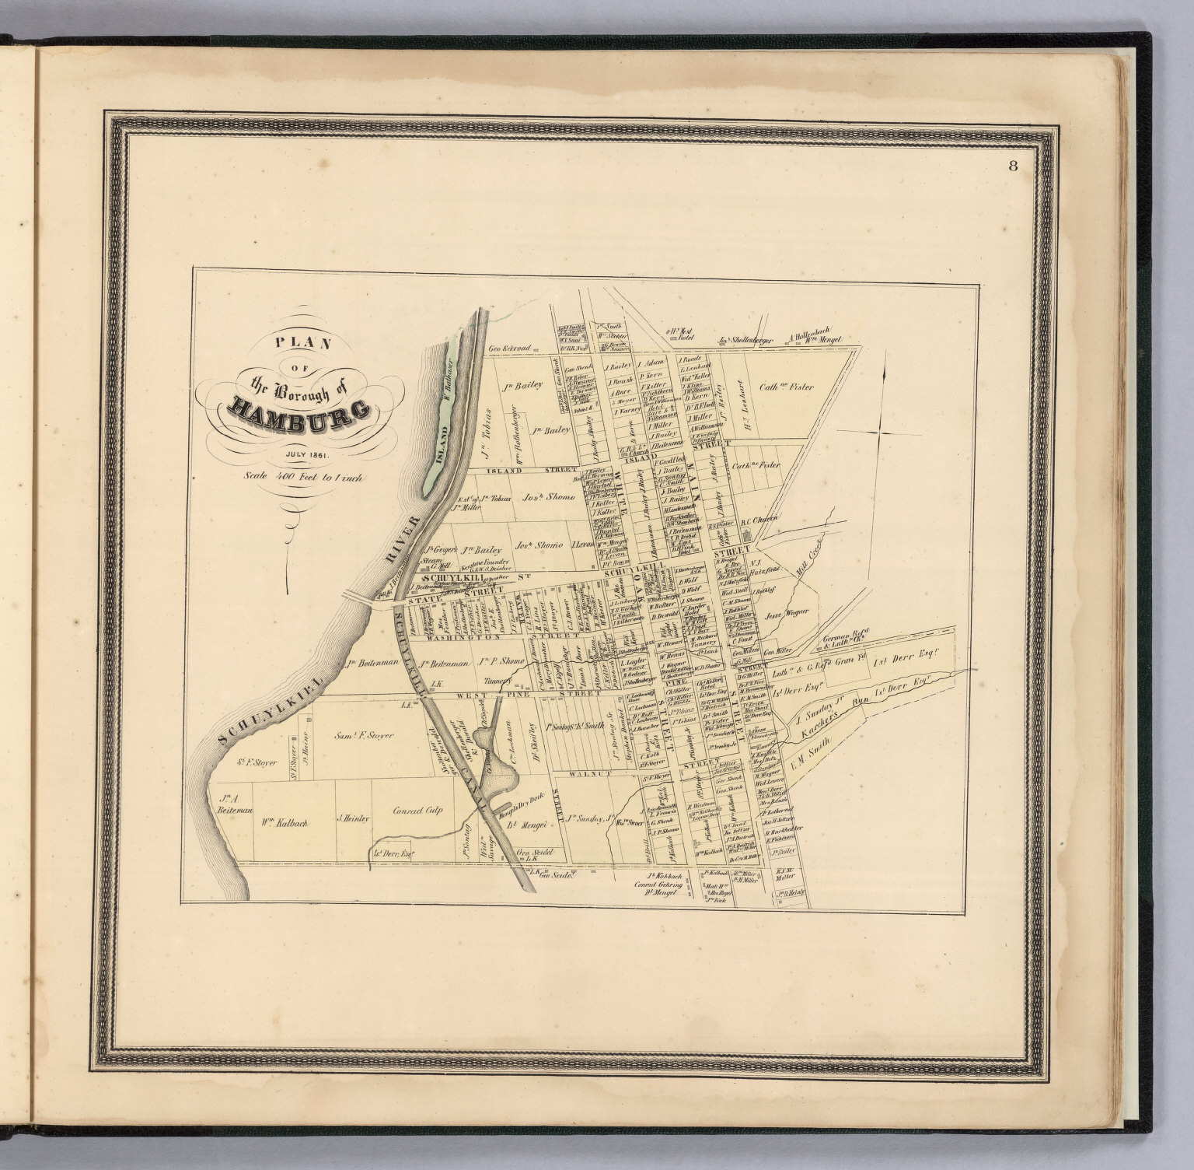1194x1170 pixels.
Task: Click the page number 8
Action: coord(1012,166)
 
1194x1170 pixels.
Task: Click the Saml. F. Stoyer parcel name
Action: coord(364,735)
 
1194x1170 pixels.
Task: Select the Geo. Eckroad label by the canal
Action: coord(509,349)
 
